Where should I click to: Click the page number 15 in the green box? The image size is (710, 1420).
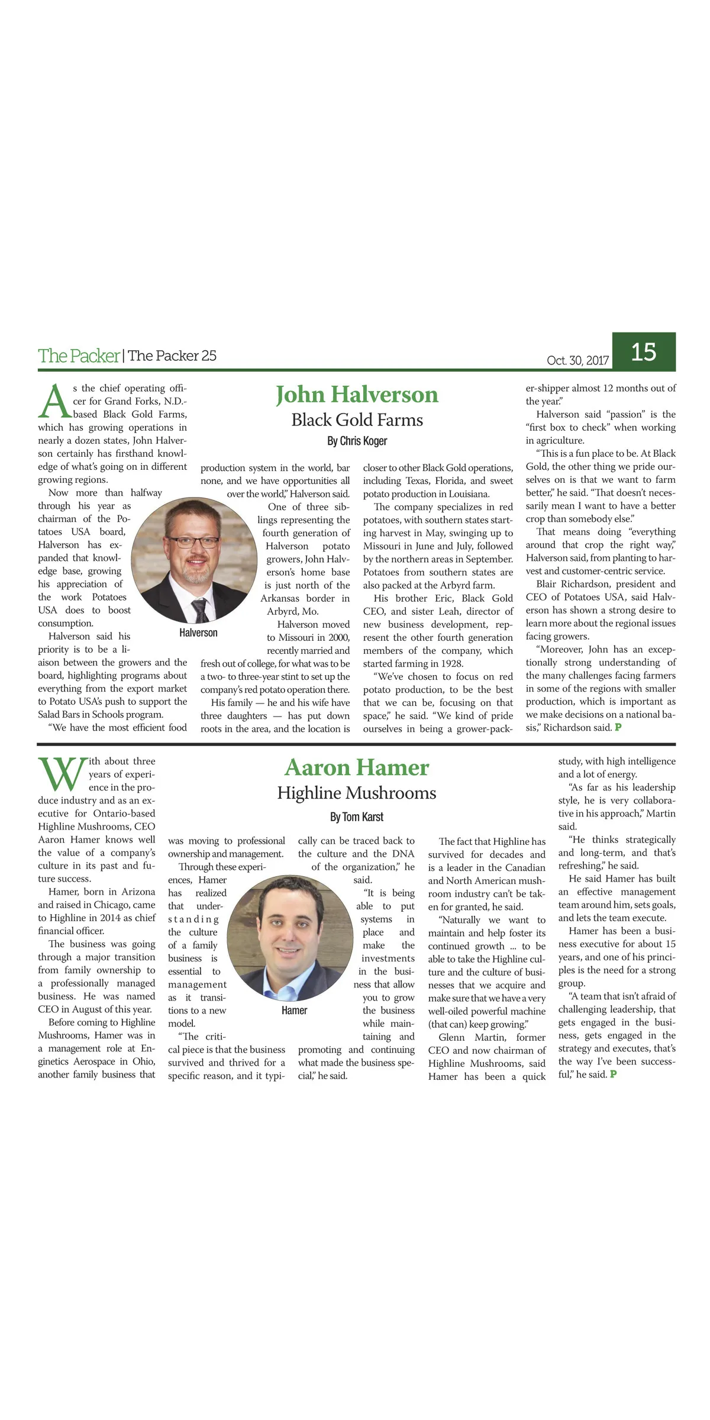point(643,352)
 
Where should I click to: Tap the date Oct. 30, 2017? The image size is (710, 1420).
point(577,360)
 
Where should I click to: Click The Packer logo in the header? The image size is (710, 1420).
point(79,356)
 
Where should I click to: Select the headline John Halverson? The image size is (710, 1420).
point(357,395)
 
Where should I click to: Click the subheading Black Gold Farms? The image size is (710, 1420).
point(357,420)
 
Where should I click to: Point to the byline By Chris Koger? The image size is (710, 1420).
point(357,441)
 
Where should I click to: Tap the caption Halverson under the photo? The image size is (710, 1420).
point(198,633)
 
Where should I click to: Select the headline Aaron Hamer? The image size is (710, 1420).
point(357,767)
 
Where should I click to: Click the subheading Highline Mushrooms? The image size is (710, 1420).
point(357,793)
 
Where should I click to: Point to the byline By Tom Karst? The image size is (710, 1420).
point(357,817)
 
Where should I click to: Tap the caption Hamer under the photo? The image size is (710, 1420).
point(294,1011)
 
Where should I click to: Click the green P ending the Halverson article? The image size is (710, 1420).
point(618,727)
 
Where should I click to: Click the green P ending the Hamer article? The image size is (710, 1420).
point(613,1074)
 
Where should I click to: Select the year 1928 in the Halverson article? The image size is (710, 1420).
point(451,664)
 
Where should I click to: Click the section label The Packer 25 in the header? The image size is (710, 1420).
point(172,356)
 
